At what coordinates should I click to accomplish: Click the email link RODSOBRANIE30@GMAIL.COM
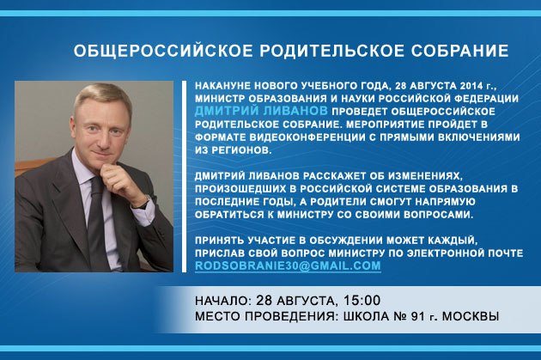[x=288, y=265]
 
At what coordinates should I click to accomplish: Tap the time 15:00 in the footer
[x=362, y=301]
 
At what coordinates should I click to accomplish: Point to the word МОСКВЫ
[x=471, y=316]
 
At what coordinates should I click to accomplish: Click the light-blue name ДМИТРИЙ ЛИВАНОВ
[x=261, y=111]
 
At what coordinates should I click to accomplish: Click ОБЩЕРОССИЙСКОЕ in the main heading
[x=163, y=51]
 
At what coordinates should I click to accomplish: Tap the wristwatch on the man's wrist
[x=144, y=204]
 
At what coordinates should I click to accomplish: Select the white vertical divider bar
[x=185, y=176]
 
